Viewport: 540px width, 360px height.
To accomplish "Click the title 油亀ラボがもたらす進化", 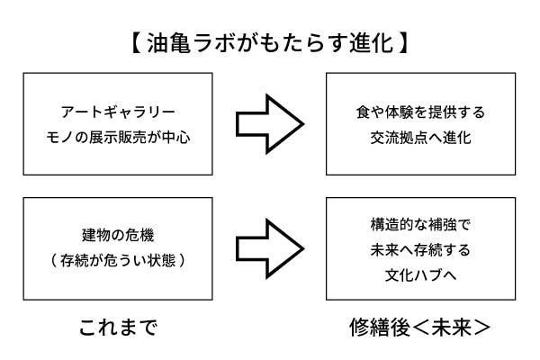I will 269,42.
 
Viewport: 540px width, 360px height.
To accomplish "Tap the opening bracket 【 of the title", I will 130,42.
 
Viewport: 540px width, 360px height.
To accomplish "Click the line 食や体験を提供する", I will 419,112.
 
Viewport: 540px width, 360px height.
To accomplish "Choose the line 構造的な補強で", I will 419,223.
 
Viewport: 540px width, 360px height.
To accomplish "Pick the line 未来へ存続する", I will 419,248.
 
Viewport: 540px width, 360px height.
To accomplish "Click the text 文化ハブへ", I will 419,273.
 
